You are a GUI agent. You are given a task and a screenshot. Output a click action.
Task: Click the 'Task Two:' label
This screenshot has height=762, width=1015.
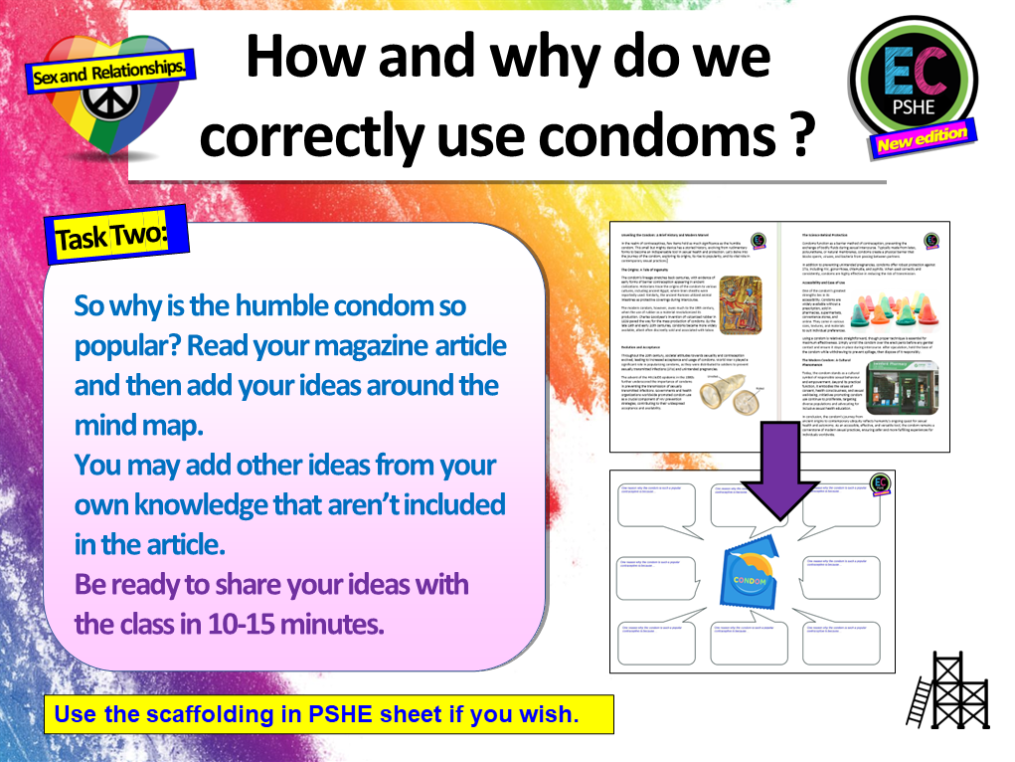coord(112,237)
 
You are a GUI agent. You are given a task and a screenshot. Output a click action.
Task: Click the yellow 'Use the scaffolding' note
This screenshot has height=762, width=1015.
coord(315,714)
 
